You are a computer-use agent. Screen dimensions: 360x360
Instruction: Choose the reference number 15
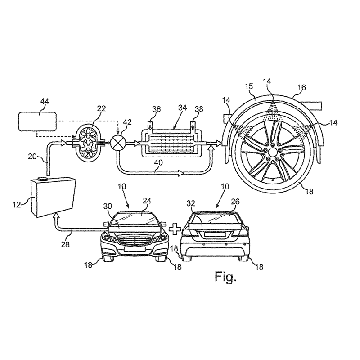coord(248,85)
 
